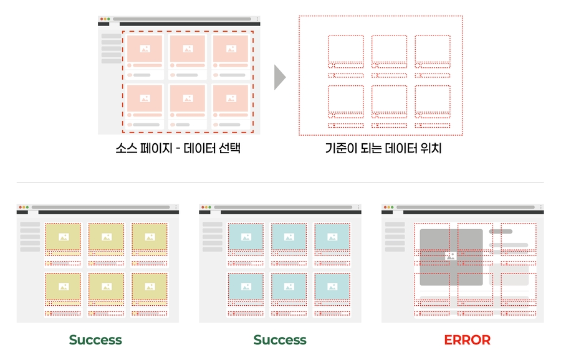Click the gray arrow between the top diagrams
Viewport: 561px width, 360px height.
click(280, 77)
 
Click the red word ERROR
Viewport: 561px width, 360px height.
click(467, 340)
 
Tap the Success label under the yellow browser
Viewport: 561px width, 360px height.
click(95, 340)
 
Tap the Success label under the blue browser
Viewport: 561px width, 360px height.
click(280, 340)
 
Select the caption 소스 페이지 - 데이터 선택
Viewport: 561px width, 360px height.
click(178, 149)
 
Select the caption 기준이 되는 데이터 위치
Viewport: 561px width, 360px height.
click(383, 149)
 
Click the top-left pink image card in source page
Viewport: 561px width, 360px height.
click(145, 49)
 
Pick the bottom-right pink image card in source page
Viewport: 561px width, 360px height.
click(231, 98)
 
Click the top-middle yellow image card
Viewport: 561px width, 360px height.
click(106, 237)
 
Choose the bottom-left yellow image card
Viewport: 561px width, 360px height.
click(63, 287)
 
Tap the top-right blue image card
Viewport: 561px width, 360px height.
click(332, 237)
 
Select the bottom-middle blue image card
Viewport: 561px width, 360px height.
click(289, 287)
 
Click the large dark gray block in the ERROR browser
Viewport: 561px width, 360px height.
click(450, 257)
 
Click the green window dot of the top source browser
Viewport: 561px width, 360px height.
click(108, 19)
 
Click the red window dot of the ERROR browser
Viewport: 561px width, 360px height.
click(385, 207)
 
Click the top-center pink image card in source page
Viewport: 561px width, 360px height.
click(188, 49)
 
